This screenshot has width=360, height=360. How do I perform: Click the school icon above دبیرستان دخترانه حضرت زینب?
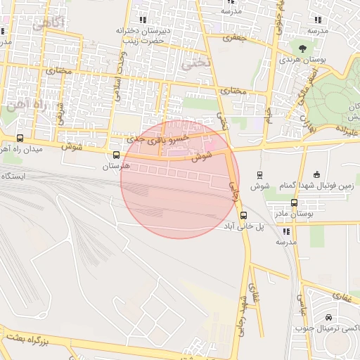143,20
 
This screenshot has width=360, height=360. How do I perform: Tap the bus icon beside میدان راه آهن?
20,139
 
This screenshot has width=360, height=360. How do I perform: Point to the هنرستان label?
116,167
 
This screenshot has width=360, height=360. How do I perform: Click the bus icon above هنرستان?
116,155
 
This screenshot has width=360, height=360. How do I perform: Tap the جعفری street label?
236,37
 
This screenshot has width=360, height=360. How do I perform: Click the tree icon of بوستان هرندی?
302,49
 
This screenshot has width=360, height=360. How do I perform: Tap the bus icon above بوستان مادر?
294,202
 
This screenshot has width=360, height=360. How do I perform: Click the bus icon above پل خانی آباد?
243,215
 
